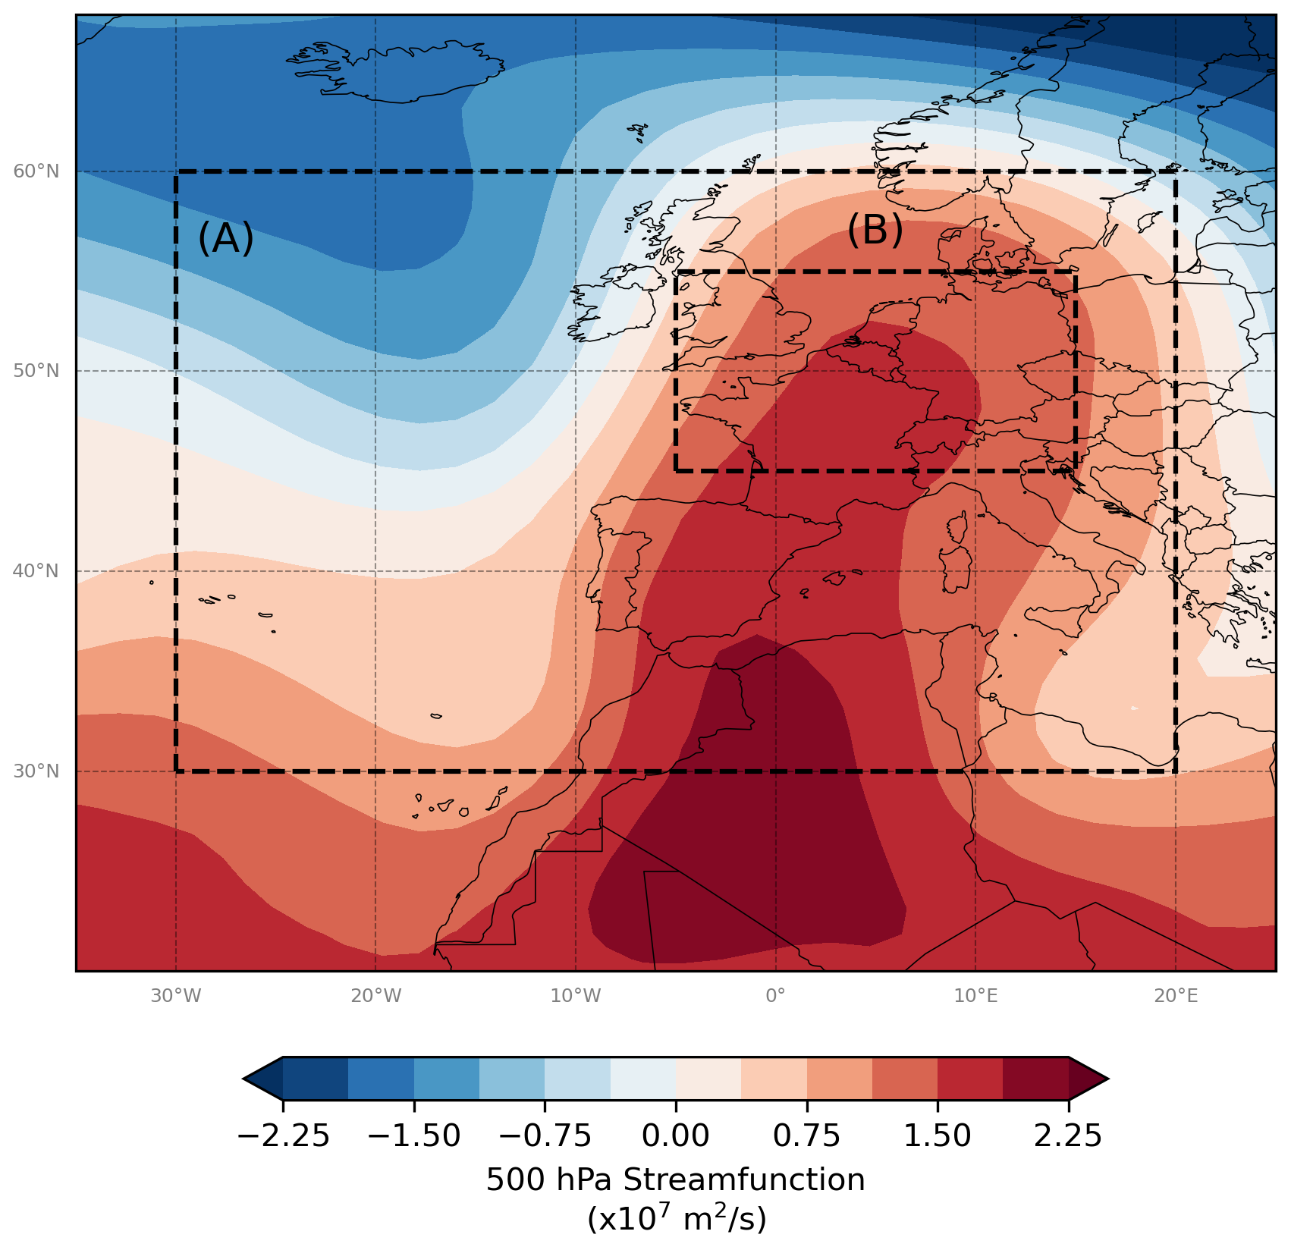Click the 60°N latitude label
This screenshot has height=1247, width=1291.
pyautogui.click(x=36, y=171)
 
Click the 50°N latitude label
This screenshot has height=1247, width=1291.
pyautogui.click(x=36, y=371)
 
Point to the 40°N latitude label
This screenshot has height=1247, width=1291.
pyautogui.click(x=36, y=571)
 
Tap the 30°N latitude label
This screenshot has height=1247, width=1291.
pyautogui.click(x=36, y=771)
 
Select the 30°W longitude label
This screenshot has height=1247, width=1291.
pyautogui.click(x=176, y=996)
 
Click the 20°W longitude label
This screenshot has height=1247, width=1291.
pyautogui.click(x=376, y=996)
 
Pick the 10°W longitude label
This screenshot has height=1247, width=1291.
pyautogui.click(x=576, y=996)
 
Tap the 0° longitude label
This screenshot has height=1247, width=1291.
pyautogui.click(x=775, y=996)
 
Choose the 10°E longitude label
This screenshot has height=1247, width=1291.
pyautogui.click(x=975, y=996)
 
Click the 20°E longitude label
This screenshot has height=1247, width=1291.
pyautogui.click(x=1176, y=996)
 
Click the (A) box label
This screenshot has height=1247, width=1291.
pyautogui.click(x=225, y=238)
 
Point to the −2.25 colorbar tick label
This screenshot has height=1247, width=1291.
pyautogui.click(x=283, y=1136)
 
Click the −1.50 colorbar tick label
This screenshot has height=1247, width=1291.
pyautogui.click(x=414, y=1136)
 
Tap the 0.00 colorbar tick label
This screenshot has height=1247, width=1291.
pyautogui.click(x=676, y=1136)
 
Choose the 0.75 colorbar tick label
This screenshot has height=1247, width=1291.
pyautogui.click(x=806, y=1136)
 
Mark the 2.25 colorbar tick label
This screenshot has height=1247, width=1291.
pyautogui.click(x=1068, y=1136)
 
